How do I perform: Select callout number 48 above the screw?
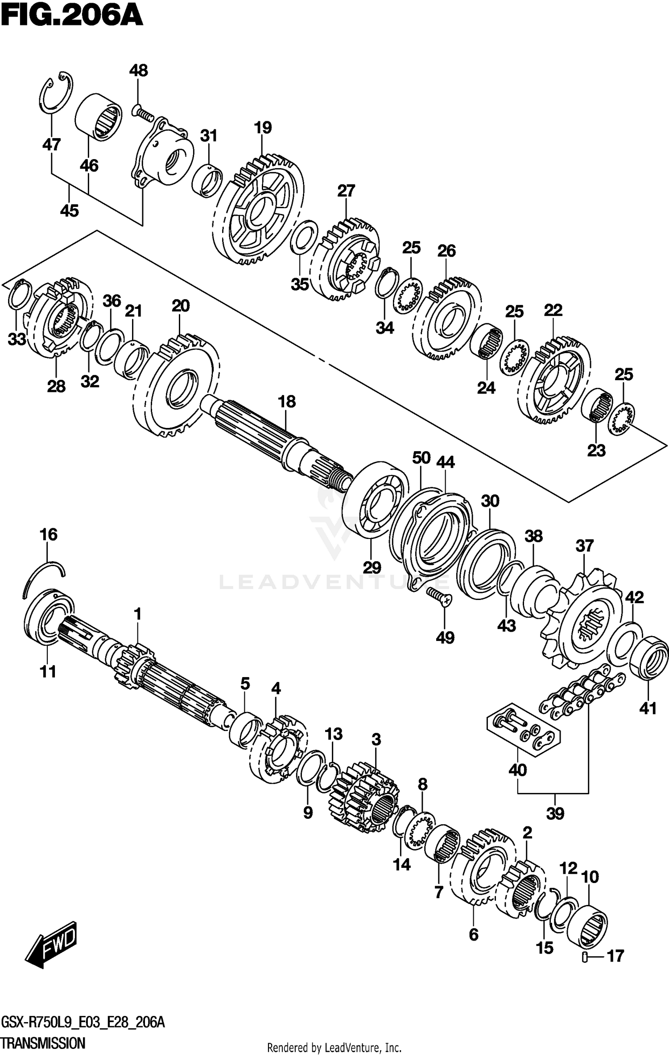coord(139,71)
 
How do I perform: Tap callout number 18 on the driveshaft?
coord(287,402)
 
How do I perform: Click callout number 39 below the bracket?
coord(555,814)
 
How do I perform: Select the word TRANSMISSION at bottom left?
coord(43,1043)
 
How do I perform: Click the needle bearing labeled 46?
coord(99,118)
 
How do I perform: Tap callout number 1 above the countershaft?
coord(138,614)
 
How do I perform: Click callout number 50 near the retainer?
coord(421,457)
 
